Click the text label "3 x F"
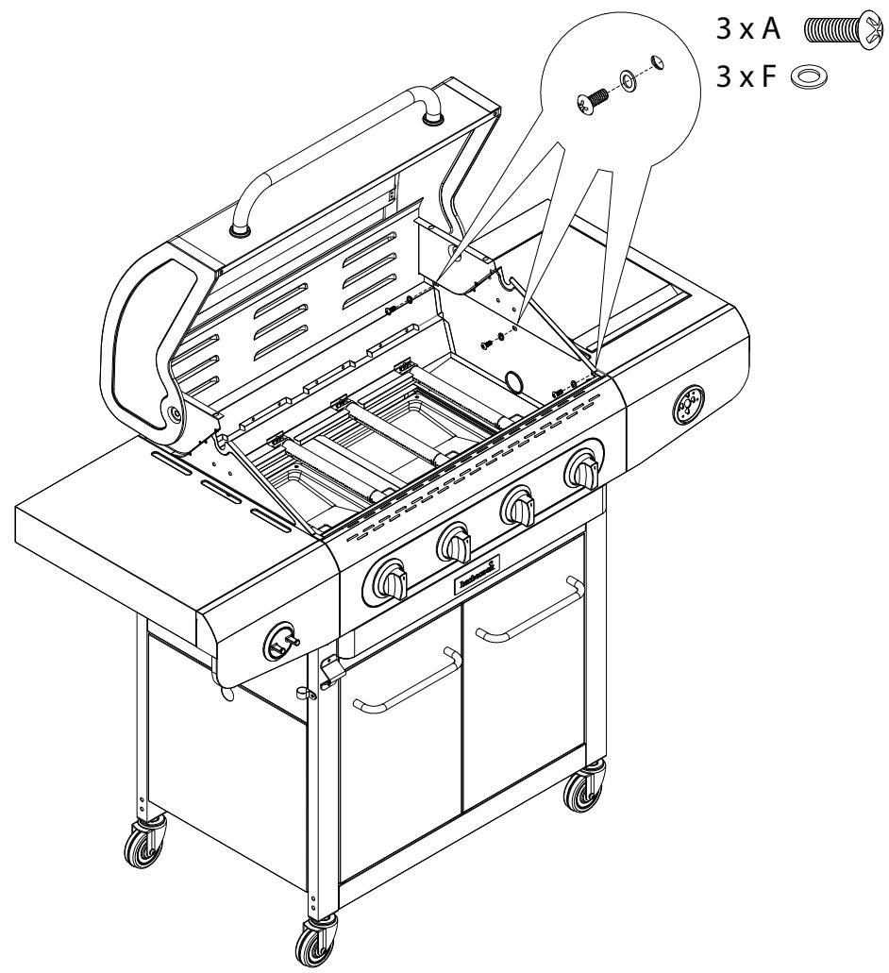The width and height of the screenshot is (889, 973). click(743, 75)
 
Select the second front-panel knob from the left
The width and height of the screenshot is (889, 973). click(455, 544)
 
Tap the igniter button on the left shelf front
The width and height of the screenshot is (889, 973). click(279, 641)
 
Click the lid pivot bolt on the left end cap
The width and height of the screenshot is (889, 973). click(176, 413)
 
